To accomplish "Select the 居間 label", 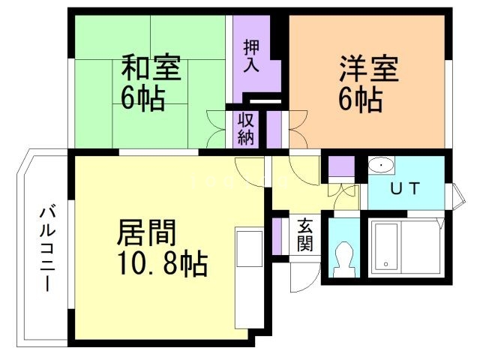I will (x=147, y=233).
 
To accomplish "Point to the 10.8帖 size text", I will (x=162, y=264).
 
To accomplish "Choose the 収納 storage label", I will (x=246, y=128).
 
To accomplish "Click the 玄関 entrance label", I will (x=305, y=235).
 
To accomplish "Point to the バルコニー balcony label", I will (x=46, y=248).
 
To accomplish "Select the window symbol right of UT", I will (x=457, y=194).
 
